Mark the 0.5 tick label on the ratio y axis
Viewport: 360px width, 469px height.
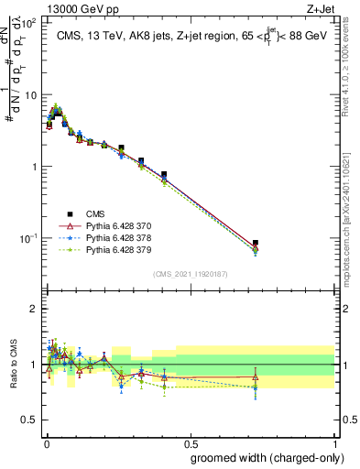(x=28, y=420)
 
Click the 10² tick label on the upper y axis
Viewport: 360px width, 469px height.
(x=27, y=23)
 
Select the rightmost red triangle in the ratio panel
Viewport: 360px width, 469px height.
(x=256, y=376)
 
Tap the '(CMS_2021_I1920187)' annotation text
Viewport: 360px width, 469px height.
(x=189, y=273)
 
